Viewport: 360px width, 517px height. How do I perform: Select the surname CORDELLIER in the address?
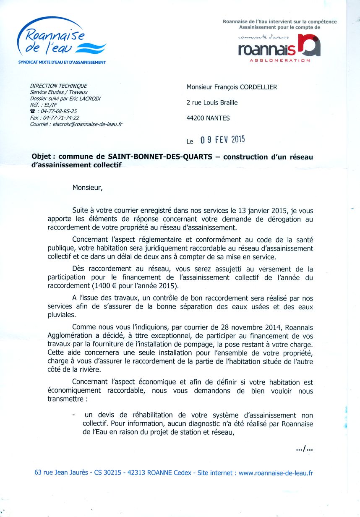point(258,87)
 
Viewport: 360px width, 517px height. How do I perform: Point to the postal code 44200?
point(195,118)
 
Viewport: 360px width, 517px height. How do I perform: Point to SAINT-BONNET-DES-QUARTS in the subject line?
point(163,157)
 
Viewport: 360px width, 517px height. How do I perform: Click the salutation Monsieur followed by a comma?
point(87,188)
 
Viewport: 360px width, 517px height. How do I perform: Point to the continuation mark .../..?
point(304,449)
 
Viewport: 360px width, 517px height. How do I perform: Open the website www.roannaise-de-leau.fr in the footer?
point(276,473)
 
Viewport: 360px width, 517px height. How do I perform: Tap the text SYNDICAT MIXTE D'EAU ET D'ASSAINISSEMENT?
point(62,63)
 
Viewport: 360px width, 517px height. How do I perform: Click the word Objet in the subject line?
point(43,157)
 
